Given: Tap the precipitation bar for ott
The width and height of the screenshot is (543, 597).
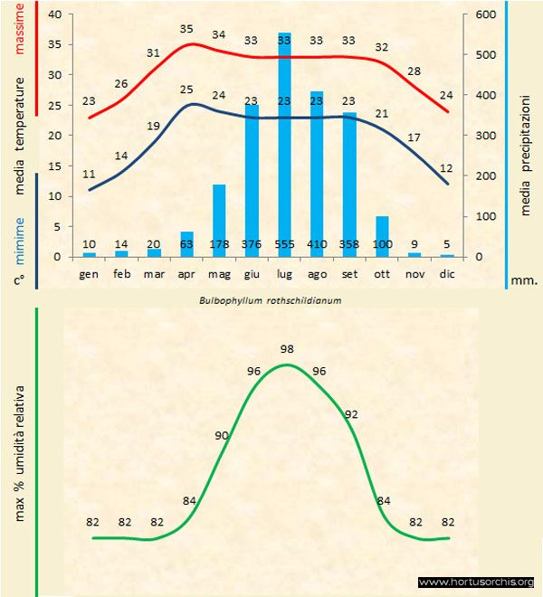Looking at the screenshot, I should pyautogui.click(x=382, y=235).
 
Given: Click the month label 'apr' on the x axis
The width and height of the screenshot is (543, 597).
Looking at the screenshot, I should pyautogui.click(x=186, y=274).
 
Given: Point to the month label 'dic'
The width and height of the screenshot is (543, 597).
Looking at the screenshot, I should pyautogui.click(x=447, y=274).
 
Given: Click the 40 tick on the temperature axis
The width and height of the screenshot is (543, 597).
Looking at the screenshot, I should pyautogui.click(x=55, y=15).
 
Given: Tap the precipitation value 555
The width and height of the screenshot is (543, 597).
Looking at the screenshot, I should pyautogui.click(x=284, y=245).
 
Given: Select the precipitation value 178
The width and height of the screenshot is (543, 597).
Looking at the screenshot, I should pyautogui.click(x=219, y=245).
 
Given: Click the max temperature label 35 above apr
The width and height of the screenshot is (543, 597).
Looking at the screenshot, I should pyautogui.click(x=186, y=29).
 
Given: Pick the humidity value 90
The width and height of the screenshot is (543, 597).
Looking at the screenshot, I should pyautogui.click(x=222, y=436).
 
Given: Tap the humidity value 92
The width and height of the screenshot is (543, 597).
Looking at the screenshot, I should pyautogui.click(x=351, y=414).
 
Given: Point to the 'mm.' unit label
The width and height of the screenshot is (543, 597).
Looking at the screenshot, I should pyautogui.click(x=526, y=280).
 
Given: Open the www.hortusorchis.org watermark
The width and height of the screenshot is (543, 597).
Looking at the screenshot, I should pyautogui.click(x=476, y=582).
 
